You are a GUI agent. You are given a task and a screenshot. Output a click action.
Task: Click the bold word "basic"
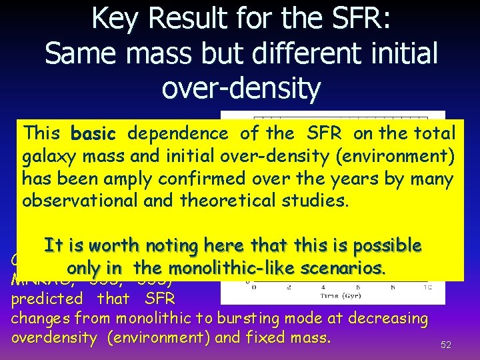click(93, 134)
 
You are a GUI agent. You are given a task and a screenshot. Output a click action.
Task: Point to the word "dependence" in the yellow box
click(178, 133)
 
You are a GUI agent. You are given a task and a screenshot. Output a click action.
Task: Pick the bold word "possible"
click(387, 246)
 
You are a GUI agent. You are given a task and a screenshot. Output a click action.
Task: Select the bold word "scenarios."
click(343, 268)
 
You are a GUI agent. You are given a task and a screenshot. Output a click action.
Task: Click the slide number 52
click(446, 345)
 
